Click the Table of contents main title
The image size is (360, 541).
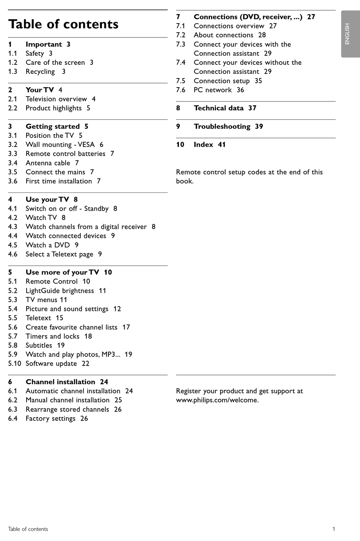(x=63, y=24)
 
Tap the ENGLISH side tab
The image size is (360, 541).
(x=347, y=34)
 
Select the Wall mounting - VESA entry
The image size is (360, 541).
(x=60, y=145)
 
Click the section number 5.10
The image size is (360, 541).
(x=14, y=364)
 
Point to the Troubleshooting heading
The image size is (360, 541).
(x=222, y=127)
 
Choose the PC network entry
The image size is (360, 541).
(x=213, y=90)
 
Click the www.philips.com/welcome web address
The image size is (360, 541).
(x=217, y=400)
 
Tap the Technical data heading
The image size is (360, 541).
(x=219, y=108)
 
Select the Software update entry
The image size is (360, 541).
(x=51, y=364)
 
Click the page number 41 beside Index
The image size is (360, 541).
(x=222, y=145)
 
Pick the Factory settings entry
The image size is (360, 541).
(x=50, y=419)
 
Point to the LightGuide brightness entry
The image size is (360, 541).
(x=60, y=291)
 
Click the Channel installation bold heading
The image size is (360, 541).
(x=60, y=382)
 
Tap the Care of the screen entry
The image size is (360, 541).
(x=55, y=63)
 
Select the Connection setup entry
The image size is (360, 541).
(x=222, y=81)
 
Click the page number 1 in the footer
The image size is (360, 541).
(x=333, y=529)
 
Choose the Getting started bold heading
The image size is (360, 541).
(x=53, y=127)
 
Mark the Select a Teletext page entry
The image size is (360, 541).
(x=59, y=254)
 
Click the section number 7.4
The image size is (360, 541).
(x=181, y=63)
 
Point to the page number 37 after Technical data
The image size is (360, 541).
(x=252, y=108)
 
